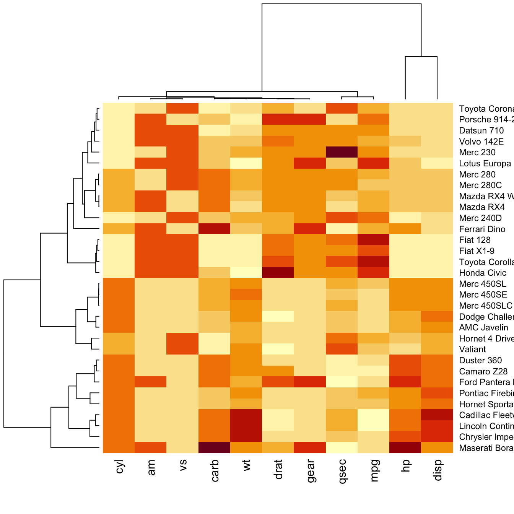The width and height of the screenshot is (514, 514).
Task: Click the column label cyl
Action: click(x=120, y=467)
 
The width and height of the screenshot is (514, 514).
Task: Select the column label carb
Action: click(x=215, y=470)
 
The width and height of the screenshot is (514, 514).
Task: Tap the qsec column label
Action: click(x=342, y=472)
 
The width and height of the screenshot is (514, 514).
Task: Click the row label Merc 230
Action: click(x=477, y=153)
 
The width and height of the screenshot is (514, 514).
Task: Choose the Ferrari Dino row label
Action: click(x=482, y=229)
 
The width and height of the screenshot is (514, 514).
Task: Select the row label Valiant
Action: click(x=472, y=350)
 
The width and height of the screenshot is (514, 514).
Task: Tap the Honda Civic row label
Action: click(x=483, y=273)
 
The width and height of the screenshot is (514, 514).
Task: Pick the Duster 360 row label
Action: click(x=480, y=361)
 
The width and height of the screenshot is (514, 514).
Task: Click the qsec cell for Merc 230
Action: click(x=342, y=152)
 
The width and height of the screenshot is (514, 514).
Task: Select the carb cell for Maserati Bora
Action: click(x=215, y=447)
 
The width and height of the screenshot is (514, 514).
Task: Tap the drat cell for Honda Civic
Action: click(x=278, y=273)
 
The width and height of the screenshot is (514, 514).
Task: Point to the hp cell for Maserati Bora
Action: click(x=405, y=447)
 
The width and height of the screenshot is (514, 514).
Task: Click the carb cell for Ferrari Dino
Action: click(x=215, y=229)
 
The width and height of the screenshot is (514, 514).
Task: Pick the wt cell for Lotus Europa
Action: click(x=246, y=163)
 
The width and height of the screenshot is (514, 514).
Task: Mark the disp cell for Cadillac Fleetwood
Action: click(x=437, y=415)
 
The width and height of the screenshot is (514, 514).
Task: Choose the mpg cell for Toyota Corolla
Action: click(x=373, y=262)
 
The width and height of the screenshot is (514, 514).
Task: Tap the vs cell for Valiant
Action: click(x=183, y=349)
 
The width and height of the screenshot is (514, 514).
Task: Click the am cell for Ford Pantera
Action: click(x=151, y=382)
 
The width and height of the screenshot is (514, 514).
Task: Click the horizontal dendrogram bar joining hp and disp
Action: click(x=421, y=57)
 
